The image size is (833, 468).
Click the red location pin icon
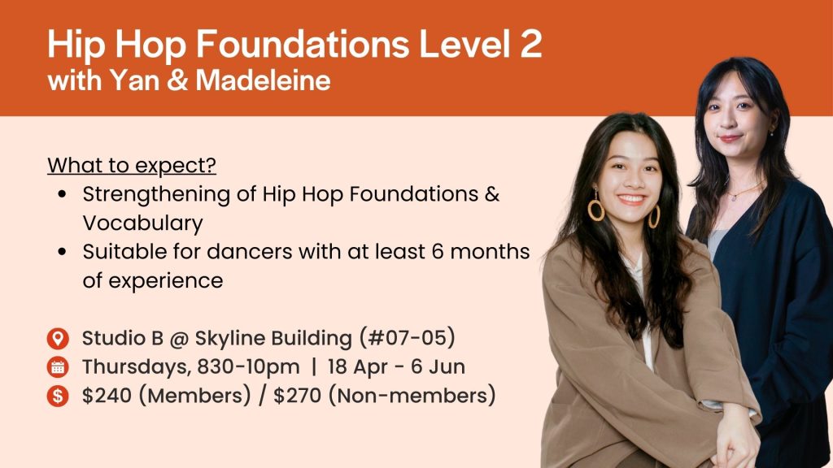coord(58,338)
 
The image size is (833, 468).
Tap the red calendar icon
coord(58,366)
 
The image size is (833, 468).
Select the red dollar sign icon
coord(58,396)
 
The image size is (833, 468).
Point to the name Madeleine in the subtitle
coord(263,80)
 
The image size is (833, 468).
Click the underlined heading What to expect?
coord(132,165)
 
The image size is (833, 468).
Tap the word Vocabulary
coord(143,223)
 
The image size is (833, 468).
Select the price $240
coord(107,396)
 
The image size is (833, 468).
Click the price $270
coord(298,396)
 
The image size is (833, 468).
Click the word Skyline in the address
coord(230,339)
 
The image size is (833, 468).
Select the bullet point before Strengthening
coord(62,194)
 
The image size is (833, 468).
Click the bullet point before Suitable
coord(62,252)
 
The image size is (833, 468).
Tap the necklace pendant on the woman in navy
coord(734,197)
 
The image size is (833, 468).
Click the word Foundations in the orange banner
coord(303,43)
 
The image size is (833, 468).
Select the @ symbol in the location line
coord(179,339)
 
